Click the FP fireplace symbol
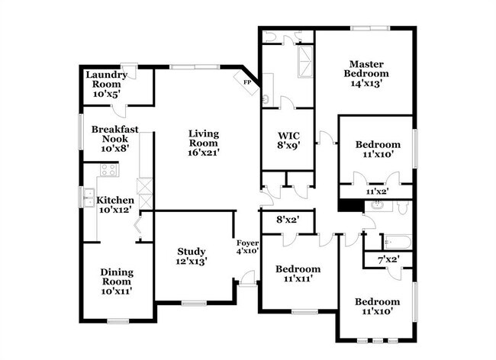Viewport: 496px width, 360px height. coord(246,82)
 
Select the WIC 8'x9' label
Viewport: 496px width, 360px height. coord(288,140)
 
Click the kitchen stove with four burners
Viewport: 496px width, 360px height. coord(108,170)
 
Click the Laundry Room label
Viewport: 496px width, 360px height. coord(107,85)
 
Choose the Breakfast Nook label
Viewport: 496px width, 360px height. coord(114,139)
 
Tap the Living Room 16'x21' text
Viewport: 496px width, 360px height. coord(204,143)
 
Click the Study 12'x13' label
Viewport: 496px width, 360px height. coord(192,256)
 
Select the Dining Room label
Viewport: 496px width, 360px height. coord(117,281)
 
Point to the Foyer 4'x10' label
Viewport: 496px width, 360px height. coord(248,247)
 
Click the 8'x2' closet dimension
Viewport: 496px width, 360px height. coord(288,220)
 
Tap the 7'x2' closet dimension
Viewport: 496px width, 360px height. coord(388,260)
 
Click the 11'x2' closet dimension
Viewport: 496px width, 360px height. coord(378,191)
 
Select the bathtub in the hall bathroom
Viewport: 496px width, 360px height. coord(398,242)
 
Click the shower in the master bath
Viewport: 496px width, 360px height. coord(305,62)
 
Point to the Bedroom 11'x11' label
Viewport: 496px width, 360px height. coord(298,274)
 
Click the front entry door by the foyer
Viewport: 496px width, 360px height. coord(248,278)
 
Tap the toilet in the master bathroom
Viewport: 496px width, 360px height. coord(269,37)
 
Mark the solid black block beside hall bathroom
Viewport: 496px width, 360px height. coord(351,205)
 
